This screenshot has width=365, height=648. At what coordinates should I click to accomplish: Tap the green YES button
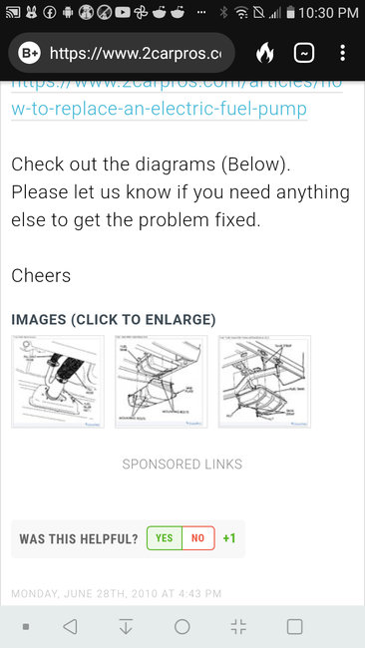[165, 538]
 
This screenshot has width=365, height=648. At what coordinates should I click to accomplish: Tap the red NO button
[197, 538]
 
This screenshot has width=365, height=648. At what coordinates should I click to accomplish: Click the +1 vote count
[229, 538]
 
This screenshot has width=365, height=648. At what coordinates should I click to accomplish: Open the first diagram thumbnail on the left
[57, 382]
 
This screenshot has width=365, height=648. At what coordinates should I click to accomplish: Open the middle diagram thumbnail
[161, 382]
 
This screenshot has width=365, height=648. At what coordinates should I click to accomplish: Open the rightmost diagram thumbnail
[264, 382]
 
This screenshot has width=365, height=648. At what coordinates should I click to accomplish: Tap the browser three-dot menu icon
[342, 53]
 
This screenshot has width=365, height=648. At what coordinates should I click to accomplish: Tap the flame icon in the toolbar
[264, 53]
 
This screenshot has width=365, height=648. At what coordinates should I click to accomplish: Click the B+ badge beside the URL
[29, 53]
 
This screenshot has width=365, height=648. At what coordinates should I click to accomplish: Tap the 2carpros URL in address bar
[140, 53]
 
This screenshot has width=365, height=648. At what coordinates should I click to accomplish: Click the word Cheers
[41, 275]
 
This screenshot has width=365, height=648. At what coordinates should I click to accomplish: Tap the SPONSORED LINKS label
[182, 464]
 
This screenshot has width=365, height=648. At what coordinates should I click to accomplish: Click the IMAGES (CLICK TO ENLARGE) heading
[113, 320]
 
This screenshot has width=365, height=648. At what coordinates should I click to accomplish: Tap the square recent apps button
[294, 627]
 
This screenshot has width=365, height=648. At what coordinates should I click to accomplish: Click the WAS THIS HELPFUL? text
[79, 538]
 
